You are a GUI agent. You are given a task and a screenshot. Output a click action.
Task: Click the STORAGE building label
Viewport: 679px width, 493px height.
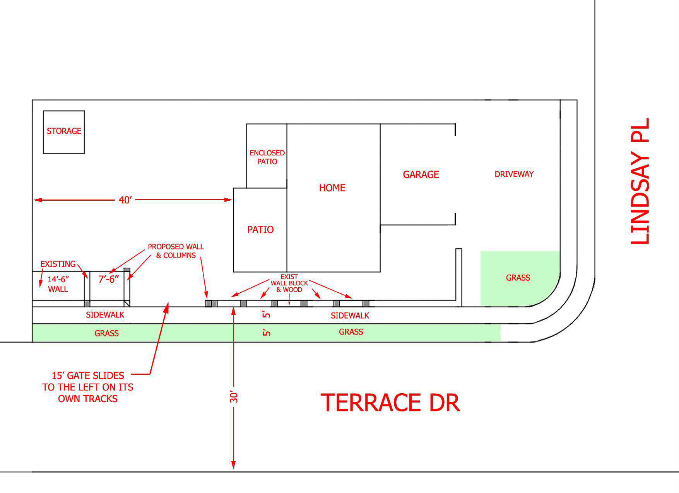[x=64, y=131]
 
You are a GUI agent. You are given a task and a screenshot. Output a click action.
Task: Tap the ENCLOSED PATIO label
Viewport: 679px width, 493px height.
[x=267, y=157]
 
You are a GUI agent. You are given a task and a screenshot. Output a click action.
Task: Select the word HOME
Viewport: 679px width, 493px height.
[x=332, y=188]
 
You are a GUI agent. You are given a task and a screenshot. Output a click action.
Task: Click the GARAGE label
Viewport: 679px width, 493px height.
[x=421, y=174]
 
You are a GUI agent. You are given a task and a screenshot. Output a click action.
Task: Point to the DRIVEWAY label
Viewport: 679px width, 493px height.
[x=514, y=174]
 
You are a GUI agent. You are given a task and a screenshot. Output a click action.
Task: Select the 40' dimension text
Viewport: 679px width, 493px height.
[x=125, y=200]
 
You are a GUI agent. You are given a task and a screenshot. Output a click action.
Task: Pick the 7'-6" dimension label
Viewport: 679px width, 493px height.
[x=109, y=279]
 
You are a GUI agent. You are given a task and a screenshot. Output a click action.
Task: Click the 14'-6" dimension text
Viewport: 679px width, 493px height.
[x=58, y=279]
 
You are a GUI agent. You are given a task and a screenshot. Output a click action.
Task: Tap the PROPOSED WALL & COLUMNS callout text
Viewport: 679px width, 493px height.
[x=176, y=251]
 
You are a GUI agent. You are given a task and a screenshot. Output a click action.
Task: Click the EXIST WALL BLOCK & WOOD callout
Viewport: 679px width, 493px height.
[x=289, y=283]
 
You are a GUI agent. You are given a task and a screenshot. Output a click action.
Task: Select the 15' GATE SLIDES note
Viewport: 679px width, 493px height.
[x=88, y=387]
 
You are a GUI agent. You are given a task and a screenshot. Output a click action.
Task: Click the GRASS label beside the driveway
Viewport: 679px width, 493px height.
[x=518, y=278]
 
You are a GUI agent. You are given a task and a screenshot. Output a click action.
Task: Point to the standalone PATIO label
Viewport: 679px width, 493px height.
[x=260, y=230]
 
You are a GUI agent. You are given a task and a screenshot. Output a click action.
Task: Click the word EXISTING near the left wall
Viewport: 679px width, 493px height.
[x=58, y=264]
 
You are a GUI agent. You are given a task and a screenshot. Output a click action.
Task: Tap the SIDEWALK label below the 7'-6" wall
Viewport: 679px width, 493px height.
[x=105, y=315]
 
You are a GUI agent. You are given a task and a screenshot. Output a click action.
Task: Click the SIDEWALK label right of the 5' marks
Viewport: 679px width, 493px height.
[x=350, y=316]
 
